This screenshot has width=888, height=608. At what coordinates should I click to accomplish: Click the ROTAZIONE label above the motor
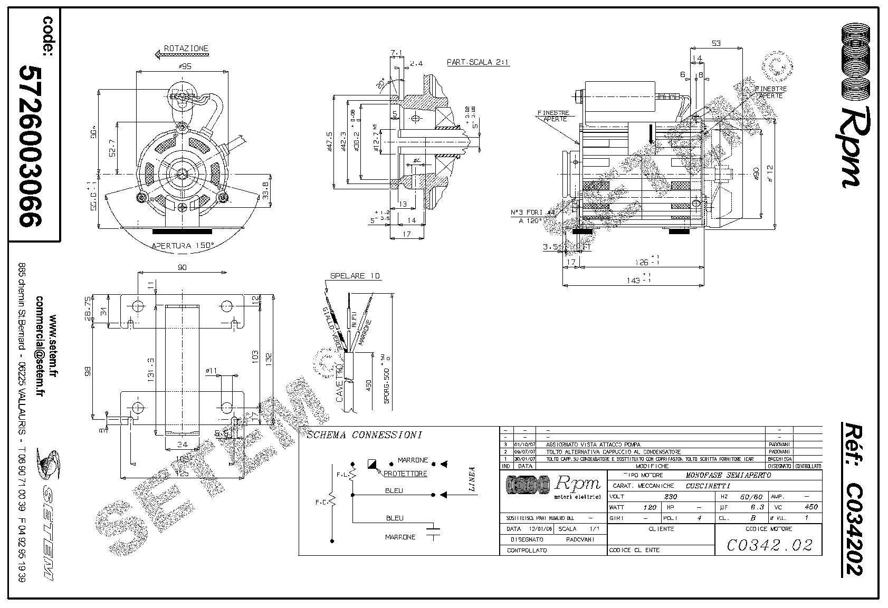(186, 49)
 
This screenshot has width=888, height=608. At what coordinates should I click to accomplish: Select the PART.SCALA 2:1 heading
(478, 62)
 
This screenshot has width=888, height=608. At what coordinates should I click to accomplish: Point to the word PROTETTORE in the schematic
(405, 474)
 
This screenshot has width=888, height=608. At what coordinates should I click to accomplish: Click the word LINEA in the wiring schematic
(471, 479)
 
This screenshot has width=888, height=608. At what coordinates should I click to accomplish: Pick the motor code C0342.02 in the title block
(769, 545)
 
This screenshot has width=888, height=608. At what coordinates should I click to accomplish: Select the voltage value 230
(671, 497)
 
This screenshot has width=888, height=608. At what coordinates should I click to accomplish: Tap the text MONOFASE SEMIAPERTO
(729, 475)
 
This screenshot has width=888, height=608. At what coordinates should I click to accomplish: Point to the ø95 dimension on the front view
(184, 66)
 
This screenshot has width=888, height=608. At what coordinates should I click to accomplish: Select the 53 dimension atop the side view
(716, 43)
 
